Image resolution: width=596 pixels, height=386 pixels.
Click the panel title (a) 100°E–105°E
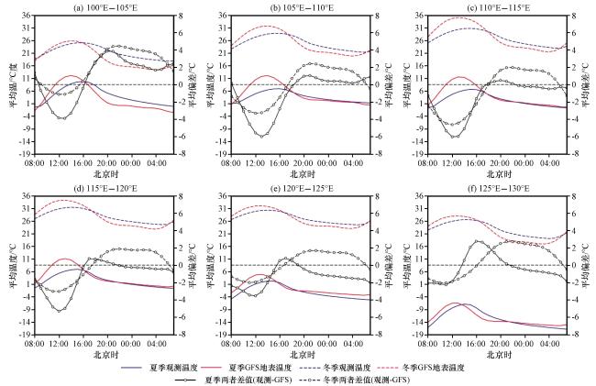click(x=105, y=7)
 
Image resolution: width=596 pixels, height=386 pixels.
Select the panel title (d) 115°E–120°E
click(x=105, y=188)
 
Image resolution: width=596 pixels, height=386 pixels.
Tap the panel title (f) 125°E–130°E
click(x=498, y=188)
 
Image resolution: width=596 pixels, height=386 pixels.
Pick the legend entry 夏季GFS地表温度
click(x=260, y=368)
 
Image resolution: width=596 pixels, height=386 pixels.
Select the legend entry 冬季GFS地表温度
click(x=434, y=368)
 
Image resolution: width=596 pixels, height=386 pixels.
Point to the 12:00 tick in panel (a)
click(x=59, y=163)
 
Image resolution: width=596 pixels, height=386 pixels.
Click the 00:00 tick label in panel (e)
click(x=328, y=344)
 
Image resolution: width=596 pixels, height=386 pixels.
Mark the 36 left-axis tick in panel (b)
click(x=223, y=16)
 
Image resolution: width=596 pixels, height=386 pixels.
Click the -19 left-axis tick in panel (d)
click(x=25, y=335)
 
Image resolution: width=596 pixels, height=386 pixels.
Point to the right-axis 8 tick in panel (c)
click(x=576, y=16)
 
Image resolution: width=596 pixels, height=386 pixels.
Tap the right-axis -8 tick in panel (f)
click(x=574, y=335)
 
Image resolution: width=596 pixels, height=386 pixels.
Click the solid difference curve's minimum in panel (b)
click(x=261, y=137)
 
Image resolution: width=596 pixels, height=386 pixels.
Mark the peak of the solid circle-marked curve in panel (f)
click(x=478, y=241)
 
